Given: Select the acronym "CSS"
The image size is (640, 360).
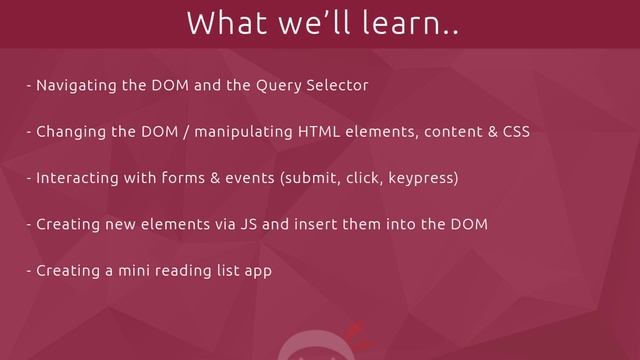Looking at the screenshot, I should tap(515, 132).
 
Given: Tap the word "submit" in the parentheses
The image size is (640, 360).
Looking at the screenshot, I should tap(312, 179).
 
